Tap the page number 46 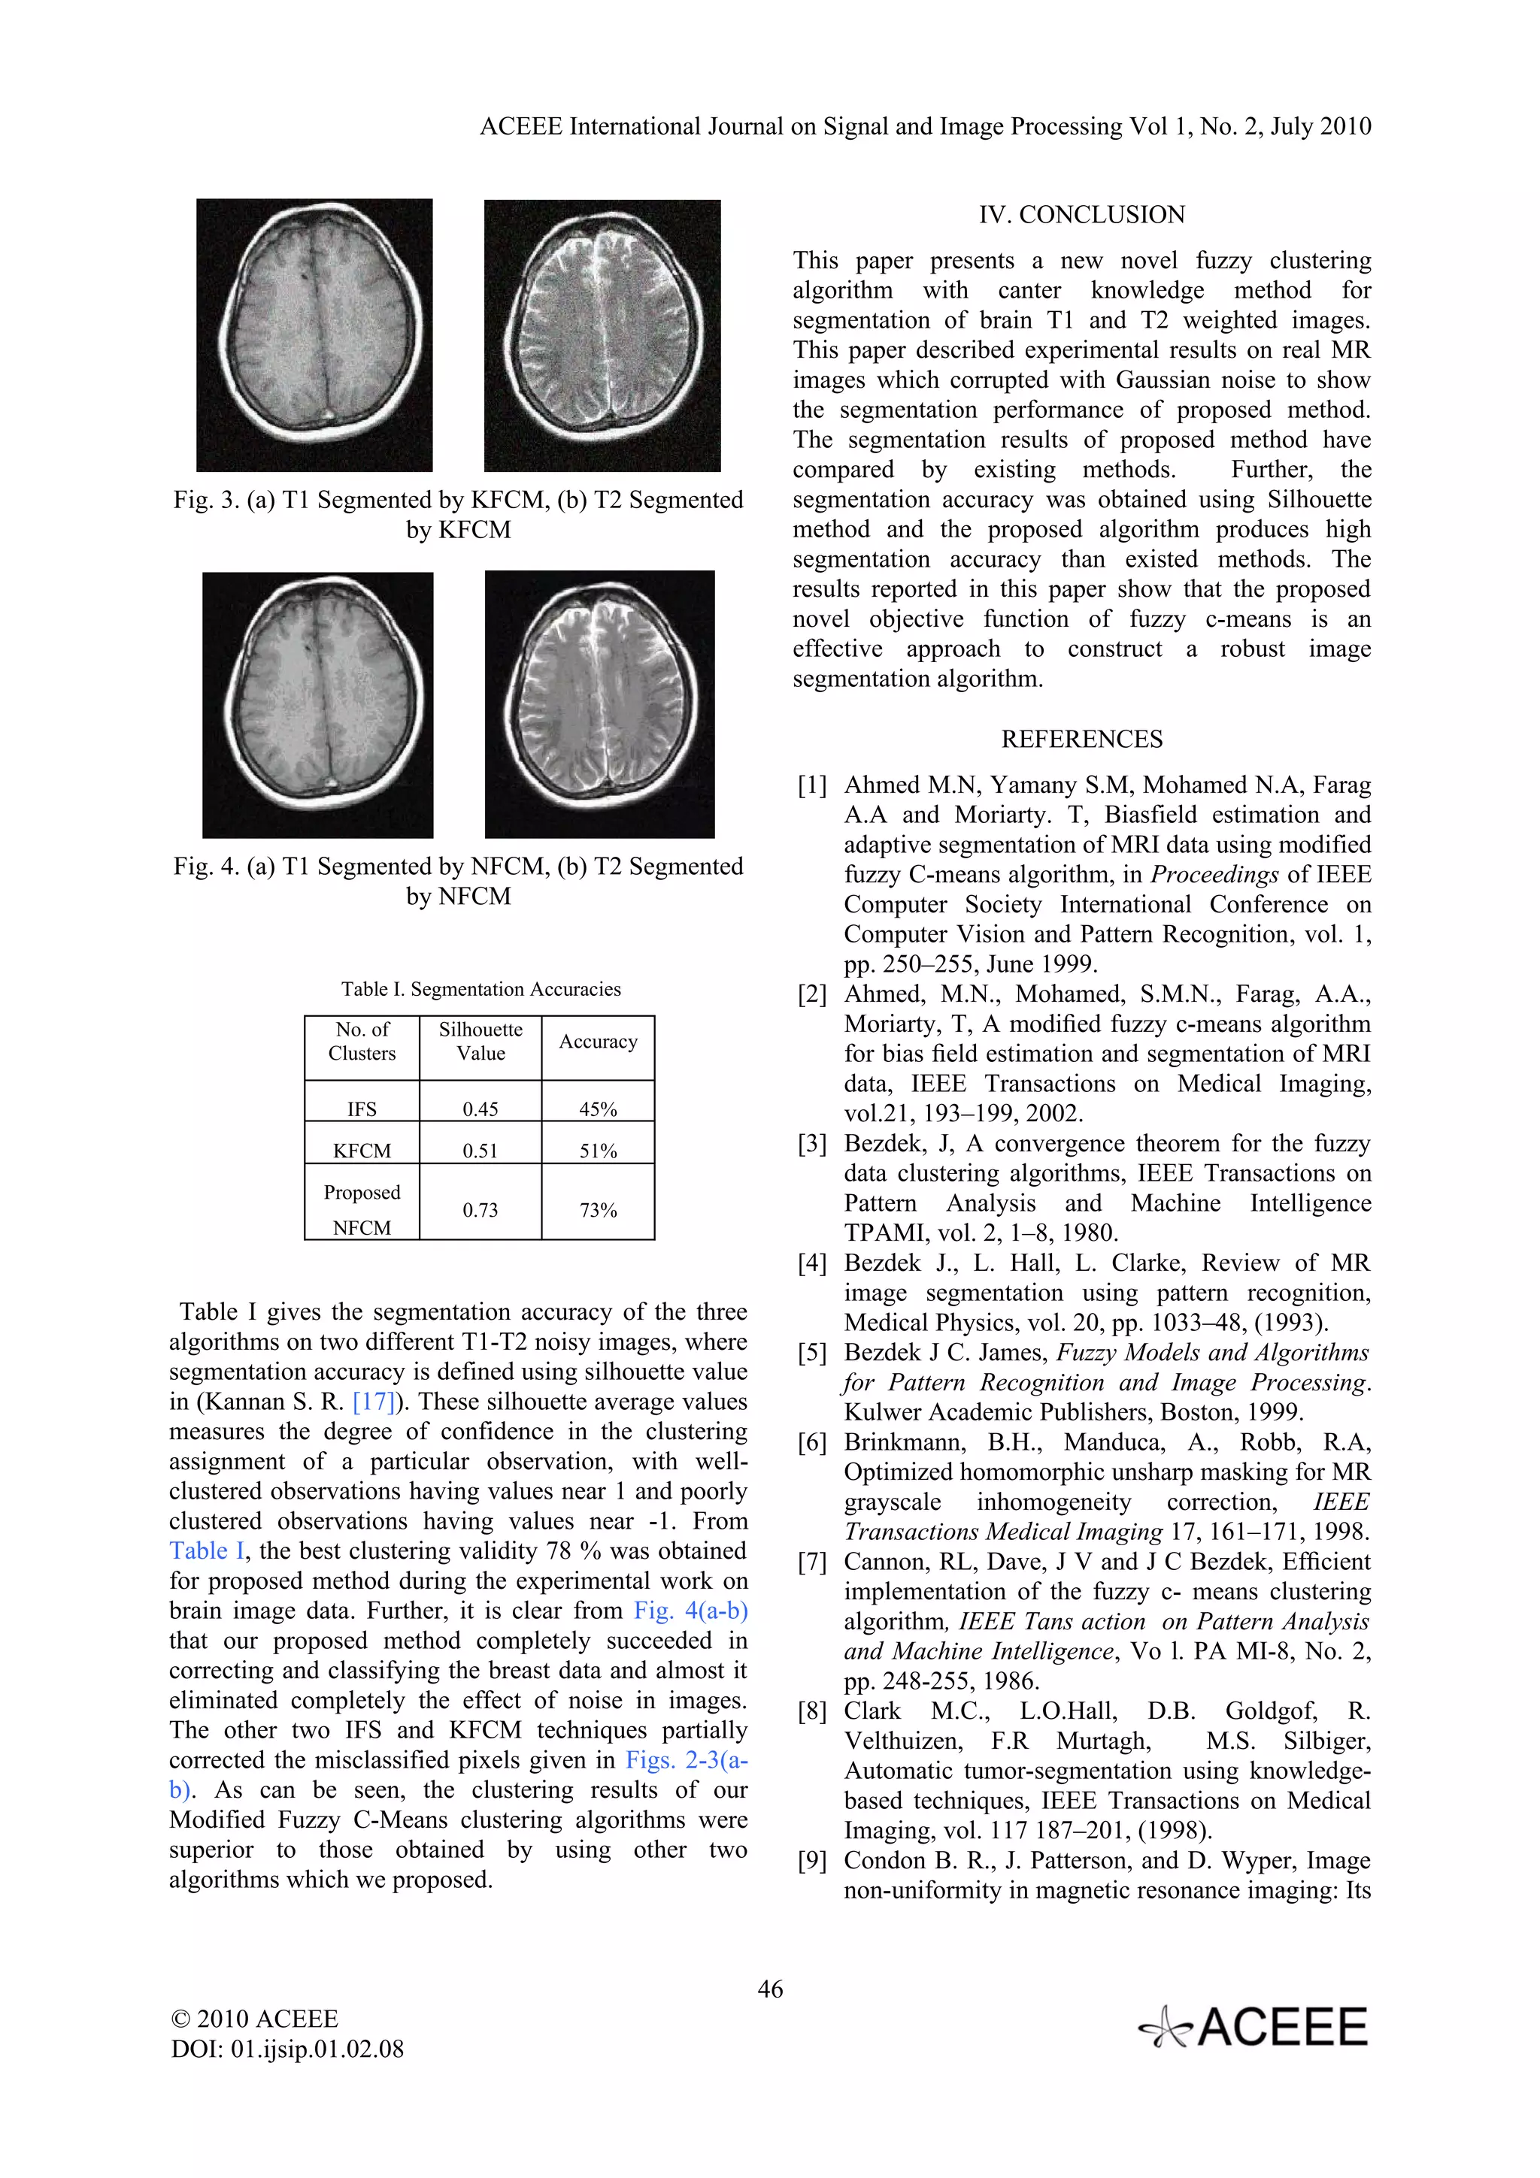(769, 1989)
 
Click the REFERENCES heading (1082, 739)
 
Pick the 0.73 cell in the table (480, 1209)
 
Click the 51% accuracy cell (598, 1151)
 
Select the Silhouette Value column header (480, 1042)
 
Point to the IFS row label (362, 1109)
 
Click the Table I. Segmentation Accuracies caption (481, 989)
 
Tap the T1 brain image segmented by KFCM (314, 335)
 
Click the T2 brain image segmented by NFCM (599, 704)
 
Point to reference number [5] (812, 1353)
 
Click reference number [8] (812, 1711)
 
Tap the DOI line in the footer (287, 2049)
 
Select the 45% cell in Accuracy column (598, 1109)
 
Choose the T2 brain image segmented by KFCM (602, 335)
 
